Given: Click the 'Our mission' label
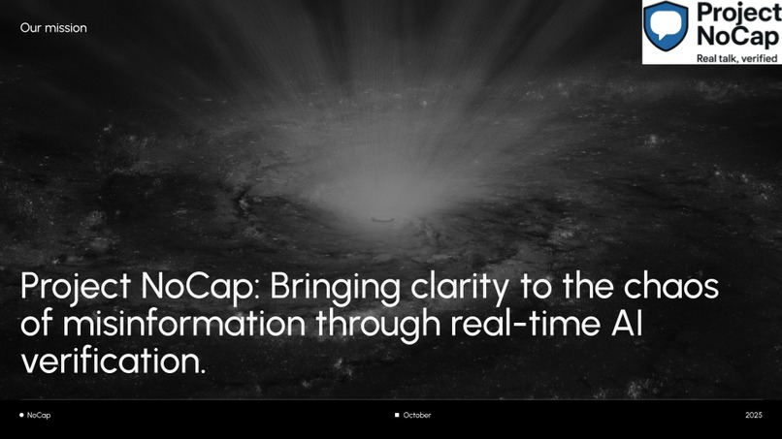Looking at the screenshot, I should (x=53, y=28).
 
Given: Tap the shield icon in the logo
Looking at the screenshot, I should (x=668, y=24).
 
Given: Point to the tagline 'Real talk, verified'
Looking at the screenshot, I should (x=725, y=57).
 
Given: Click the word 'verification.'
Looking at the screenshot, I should (x=113, y=361).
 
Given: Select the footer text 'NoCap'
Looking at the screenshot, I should (x=39, y=415).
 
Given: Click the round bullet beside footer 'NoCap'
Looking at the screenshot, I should (x=21, y=415).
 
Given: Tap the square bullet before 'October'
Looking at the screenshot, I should (x=397, y=415).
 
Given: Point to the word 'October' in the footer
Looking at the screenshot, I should (x=417, y=415).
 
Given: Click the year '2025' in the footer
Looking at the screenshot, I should (x=754, y=415).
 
